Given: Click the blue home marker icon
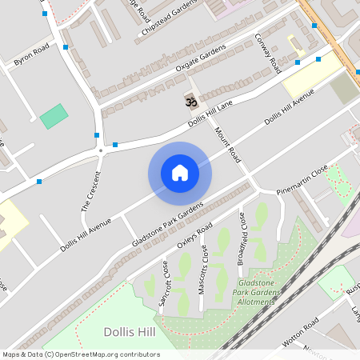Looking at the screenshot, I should coord(180,173).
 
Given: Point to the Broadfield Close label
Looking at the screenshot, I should coord(243,239).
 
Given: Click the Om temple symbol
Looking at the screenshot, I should coord(190,102).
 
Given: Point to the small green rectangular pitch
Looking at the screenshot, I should coord(54,116).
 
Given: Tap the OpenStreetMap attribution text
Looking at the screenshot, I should coord(80,354).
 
